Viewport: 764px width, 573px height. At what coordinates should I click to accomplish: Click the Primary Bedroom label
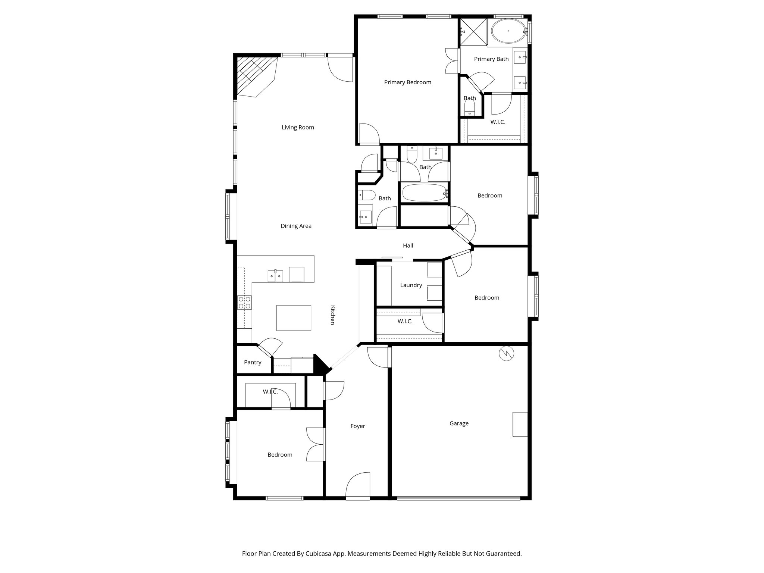[407, 82]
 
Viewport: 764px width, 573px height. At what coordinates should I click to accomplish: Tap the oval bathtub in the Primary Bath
[508, 31]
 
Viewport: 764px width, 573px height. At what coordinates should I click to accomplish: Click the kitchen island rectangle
[294, 318]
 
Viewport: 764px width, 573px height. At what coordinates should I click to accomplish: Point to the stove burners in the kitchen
[245, 302]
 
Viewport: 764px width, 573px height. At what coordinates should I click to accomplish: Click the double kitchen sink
[275, 276]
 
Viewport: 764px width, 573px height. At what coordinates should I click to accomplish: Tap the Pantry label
[253, 362]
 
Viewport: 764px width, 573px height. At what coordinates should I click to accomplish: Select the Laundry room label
[411, 285]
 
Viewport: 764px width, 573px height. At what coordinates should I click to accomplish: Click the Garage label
[458, 423]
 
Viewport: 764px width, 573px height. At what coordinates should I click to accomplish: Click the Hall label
[408, 245]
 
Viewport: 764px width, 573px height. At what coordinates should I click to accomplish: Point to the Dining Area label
[296, 226]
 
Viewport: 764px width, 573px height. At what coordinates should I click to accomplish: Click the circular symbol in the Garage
[507, 354]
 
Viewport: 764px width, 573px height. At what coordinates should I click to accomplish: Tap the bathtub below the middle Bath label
[424, 193]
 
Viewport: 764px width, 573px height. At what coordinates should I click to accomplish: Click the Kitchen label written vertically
[333, 315]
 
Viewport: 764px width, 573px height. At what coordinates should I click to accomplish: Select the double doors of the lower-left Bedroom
[316, 444]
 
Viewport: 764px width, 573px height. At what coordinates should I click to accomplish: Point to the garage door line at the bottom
[458, 498]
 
